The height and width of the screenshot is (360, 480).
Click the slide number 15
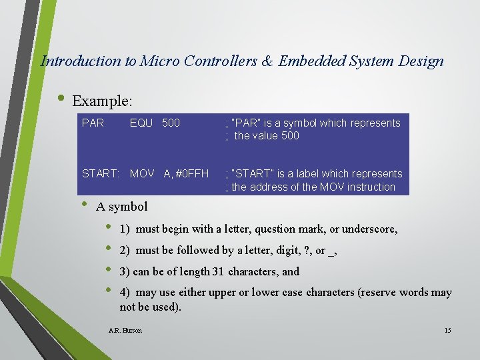(x=447, y=331)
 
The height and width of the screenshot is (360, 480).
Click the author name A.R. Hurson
(x=125, y=331)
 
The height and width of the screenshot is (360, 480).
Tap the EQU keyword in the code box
(x=142, y=123)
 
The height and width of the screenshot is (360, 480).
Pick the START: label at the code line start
(x=100, y=174)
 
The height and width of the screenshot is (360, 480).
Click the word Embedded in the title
(x=311, y=61)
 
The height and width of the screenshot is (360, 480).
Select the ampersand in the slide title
(x=267, y=61)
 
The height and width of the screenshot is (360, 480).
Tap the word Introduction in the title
(x=81, y=61)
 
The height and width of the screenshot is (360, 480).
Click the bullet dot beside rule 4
(x=110, y=291)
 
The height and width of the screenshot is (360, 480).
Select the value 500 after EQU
(x=171, y=123)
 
